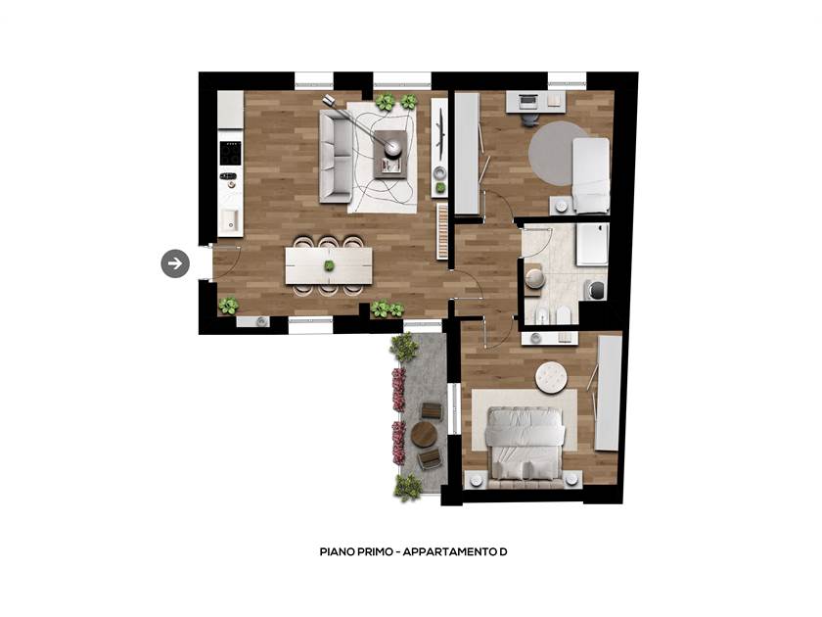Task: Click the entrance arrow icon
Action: click(x=175, y=263)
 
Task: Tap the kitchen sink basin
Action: click(x=229, y=219)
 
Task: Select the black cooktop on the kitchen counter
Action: click(x=230, y=153)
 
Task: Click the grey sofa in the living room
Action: click(x=336, y=157)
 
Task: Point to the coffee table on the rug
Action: click(x=390, y=155)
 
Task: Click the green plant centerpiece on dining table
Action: click(x=329, y=266)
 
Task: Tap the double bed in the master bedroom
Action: click(x=525, y=444)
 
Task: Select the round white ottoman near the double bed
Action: click(x=552, y=377)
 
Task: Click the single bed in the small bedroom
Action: click(x=591, y=175)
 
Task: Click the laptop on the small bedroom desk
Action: click(x=526, y=100)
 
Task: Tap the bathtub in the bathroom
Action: click(x=593, y=245)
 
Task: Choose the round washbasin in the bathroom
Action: click(x=534, y=277)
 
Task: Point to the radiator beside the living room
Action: click(x=442, y=231)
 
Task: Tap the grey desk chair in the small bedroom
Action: click(x=529, y=119)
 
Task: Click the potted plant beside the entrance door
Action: click(x=229, y=306)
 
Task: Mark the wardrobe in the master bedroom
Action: click(x=609, y=393)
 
